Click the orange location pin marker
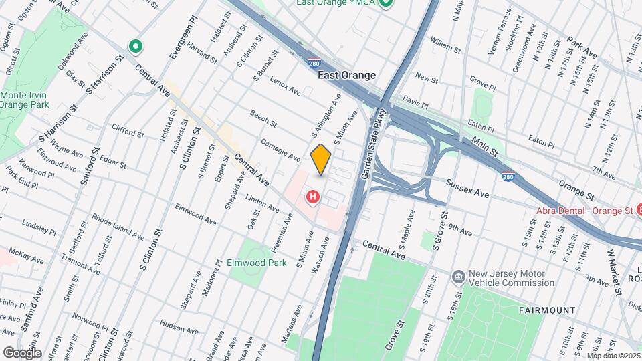[321, 160]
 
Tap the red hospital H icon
[312, 197]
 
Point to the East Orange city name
[346, 75]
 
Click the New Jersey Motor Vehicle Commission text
[512, 278]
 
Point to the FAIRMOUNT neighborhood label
[547, 310]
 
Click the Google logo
[21, 352]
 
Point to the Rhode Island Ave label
[118, 227]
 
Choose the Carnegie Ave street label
[280, 150]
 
